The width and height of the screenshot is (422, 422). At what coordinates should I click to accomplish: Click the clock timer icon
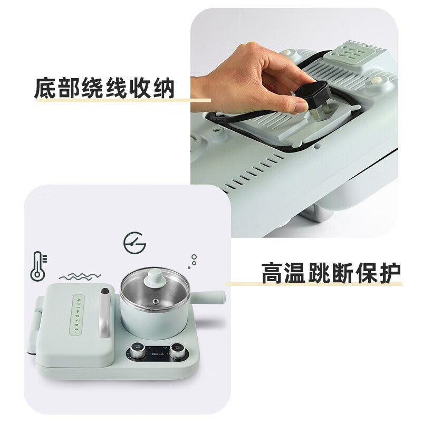pyautogui.click(x=135, y=243)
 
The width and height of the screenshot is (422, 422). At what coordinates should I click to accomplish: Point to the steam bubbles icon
pyautogui.click(x=193, y=261)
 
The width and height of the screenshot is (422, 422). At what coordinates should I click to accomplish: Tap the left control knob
pyautogui.click(x=137, y=351)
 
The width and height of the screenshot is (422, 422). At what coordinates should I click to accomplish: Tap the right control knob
pyautogui.click(x=177, y=351)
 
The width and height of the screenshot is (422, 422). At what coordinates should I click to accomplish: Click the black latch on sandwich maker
pyautogui.click(x=104, y=292)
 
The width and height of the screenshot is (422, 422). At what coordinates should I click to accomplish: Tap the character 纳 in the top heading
pyautogui.click(x=164, y=88)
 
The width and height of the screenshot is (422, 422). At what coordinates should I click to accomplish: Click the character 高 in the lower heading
pyautogui.click(x=272, y=273)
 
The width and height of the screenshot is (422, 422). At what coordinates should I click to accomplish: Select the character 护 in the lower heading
pyautogui.click(x=390, y=273)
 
